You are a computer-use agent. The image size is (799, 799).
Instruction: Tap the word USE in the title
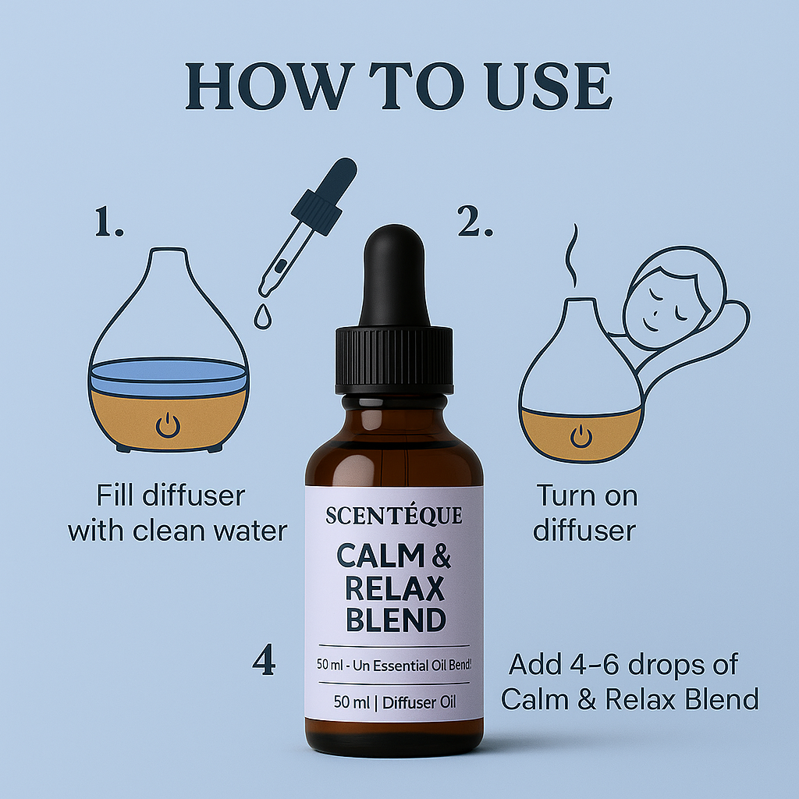coord(549,86)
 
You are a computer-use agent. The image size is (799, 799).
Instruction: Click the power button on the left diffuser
coord(168,425)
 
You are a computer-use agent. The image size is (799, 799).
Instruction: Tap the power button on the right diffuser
coord(581,437)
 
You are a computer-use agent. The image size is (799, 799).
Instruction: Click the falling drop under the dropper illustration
coord(263,317)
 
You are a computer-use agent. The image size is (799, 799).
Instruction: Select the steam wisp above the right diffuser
coord(572,255)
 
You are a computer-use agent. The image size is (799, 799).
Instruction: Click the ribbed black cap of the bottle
coord(394,360)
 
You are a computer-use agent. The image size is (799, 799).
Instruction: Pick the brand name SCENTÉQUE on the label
coord(394,515)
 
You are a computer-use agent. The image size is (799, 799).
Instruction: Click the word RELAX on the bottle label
coord(395,589)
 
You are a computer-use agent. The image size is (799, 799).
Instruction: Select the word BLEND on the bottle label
coord(396,620)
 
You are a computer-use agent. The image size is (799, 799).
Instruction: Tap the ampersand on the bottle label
coord(442,556)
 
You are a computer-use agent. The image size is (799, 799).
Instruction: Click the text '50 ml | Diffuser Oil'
coord(395,702)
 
